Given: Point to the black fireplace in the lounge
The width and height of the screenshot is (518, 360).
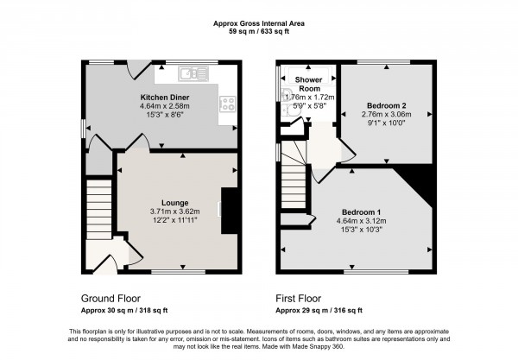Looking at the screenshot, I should point(229,211).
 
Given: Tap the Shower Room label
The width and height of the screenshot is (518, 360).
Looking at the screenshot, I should point(309,84).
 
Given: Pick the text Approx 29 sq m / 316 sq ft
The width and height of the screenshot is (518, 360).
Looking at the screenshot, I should point(319,310).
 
